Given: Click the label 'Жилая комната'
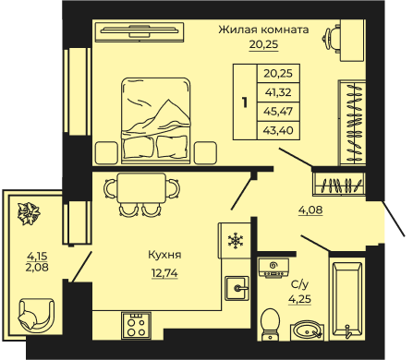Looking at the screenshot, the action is tap(263, 30).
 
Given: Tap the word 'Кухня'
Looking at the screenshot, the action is tap(164, 255).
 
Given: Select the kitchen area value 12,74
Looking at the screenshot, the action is tap(164, 273).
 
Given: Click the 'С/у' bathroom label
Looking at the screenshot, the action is tap(299, 285).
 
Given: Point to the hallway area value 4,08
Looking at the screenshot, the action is tap(310, 210).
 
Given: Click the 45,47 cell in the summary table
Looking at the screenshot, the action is tap(278, 112).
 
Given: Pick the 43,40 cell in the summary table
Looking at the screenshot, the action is tap(278, 130).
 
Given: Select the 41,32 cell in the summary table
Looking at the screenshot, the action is tap(278, 92).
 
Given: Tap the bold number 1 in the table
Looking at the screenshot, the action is tap(245, 102).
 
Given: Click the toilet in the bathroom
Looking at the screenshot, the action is tap(270, 324).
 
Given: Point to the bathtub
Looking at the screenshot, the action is tap(346, 299).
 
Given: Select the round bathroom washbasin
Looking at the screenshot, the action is tap(307, 331).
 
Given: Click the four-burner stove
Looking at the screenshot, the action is tap(136, 326).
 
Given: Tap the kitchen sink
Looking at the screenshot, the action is tap(237, 288).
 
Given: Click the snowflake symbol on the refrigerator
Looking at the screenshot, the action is tap(236, 241).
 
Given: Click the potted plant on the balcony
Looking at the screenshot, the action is tap(29, 213).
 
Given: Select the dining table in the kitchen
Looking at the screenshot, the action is tap(142, 188).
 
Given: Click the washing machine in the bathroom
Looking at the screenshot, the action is tap(273, 268).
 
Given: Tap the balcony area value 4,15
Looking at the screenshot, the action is tap(37, 256).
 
